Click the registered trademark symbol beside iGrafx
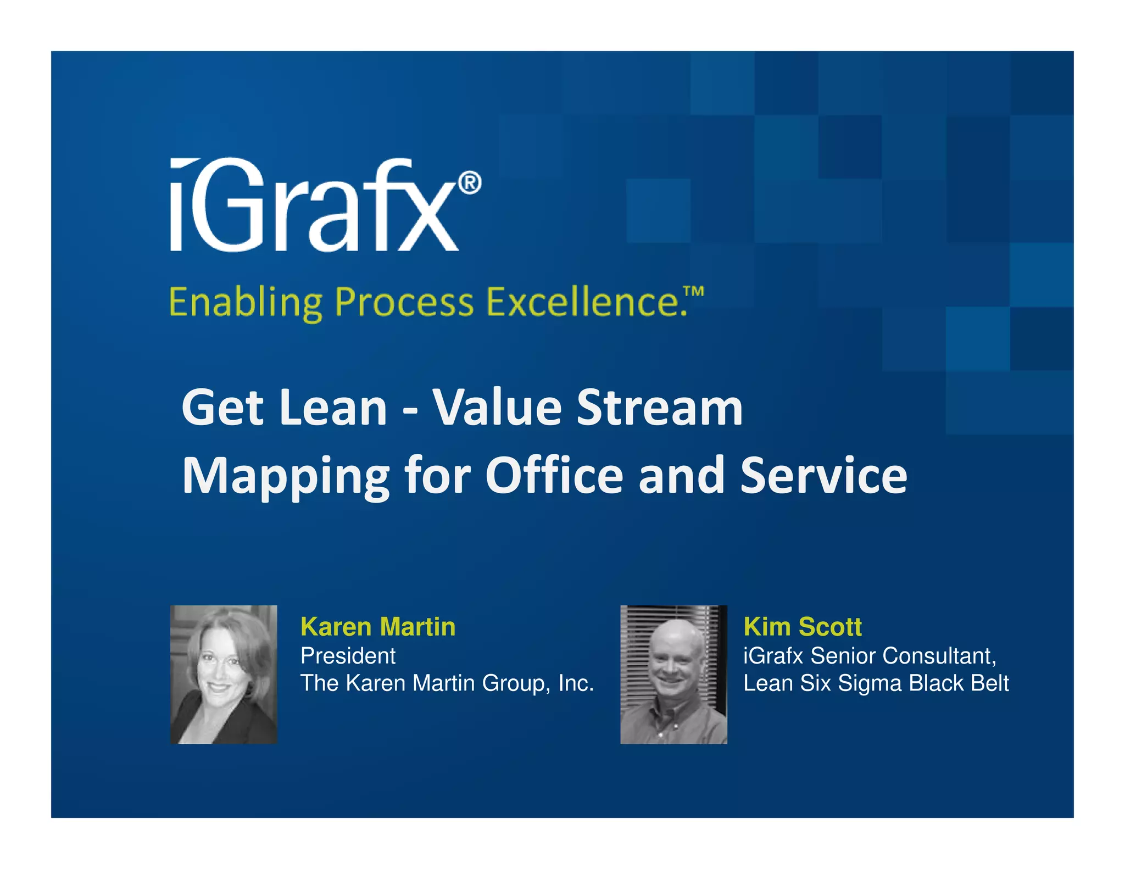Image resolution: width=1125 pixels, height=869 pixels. pos(470,182)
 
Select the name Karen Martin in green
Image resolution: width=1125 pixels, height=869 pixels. pos(378,627)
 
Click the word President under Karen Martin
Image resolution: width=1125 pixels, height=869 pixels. pos(348,656)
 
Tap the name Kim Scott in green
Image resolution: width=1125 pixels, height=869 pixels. pos(802,627)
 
